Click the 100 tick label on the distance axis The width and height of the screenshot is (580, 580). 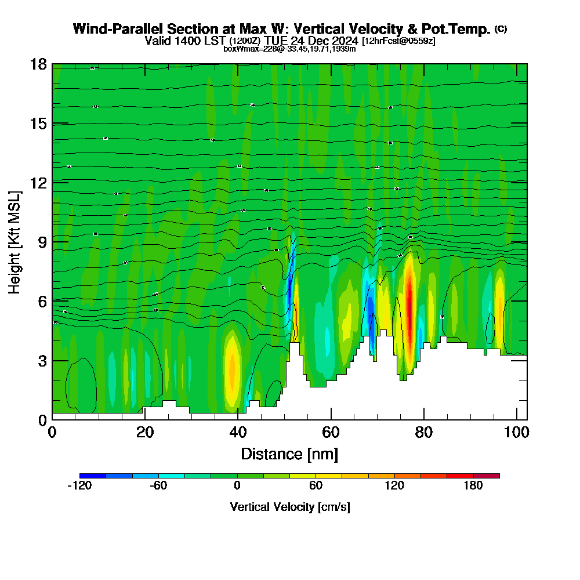516,432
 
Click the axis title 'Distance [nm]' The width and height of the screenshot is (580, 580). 289,454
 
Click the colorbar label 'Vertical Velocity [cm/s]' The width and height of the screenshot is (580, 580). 289,507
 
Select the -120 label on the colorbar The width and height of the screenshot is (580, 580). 79,486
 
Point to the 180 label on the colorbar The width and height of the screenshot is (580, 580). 473,486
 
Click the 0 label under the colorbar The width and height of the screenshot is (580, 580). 237,486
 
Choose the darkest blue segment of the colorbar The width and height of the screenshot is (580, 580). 93,476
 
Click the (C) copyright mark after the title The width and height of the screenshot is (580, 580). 501,29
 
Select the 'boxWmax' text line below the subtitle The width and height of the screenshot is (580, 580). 289,49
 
